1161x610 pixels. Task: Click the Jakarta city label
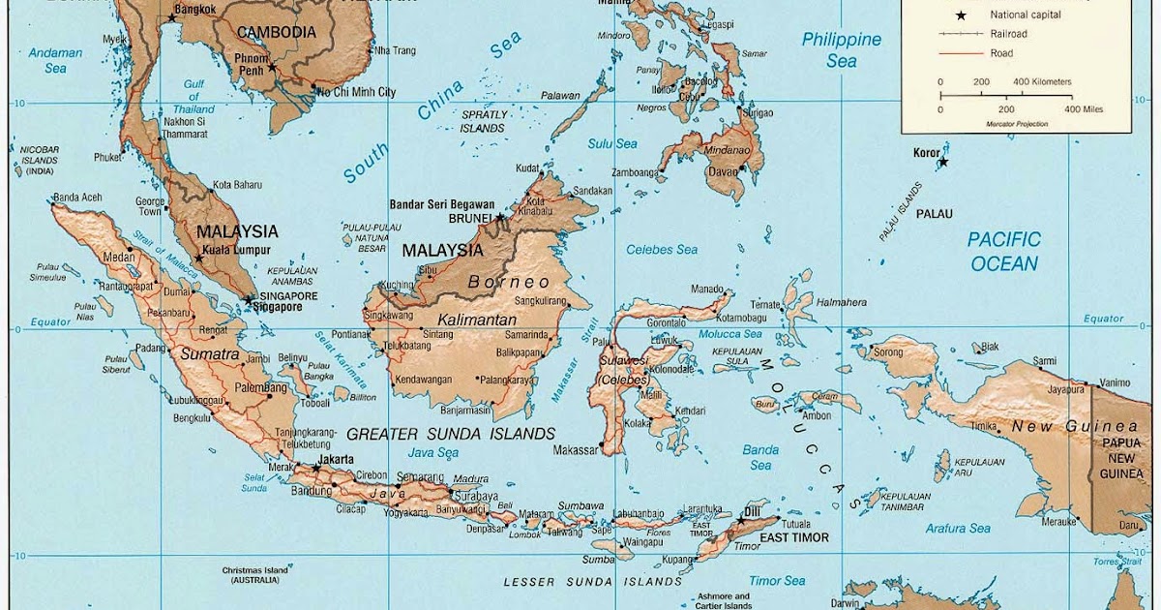pyautogui.click(x=335, y=459)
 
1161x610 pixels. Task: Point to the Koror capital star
pyautogui.click(x=943, y=162)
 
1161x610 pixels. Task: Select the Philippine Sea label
pyautogui.click(x=842, y=50)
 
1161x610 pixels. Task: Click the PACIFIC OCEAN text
pyautogui.click(x=1003, y=252)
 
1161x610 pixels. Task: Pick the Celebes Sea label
pyautogui.click(x=662, y=250)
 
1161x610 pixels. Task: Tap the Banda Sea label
pyautogui.click(x=760, y=457)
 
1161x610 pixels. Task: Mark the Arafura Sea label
pyautogui.click(x=957, y=529)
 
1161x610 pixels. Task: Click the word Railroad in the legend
pyautogui.click(x=1008, y=34)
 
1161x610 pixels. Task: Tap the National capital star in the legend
pyautogui.click(x=961, y=15)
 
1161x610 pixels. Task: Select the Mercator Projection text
pyautogui.click(x=1018, y=124)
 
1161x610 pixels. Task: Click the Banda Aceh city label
pyautogui.click(x=77, y=198)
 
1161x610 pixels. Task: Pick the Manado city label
pyautogui.click(x=707, y=289)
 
